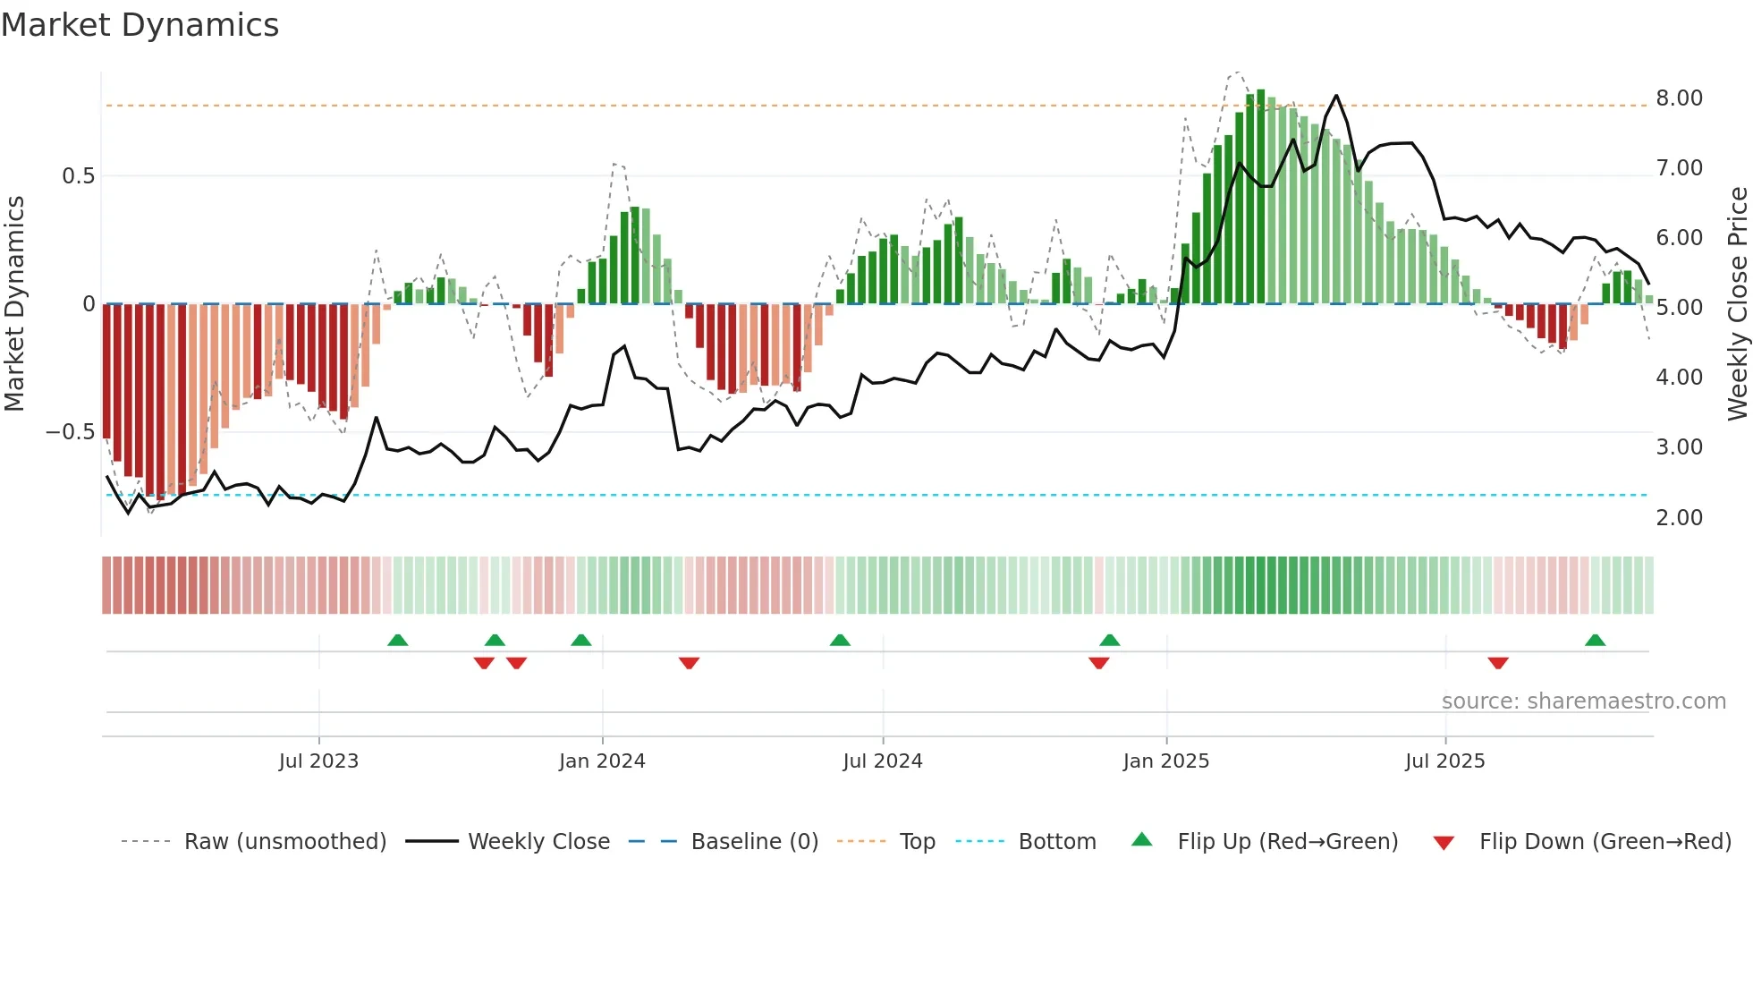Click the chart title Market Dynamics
coord(140,25)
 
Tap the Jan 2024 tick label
coord(602,761)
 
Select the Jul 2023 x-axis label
coord(318,761)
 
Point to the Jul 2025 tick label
coord(1444,761)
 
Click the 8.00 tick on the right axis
coord(1679,98)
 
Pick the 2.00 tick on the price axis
coord(1679,518)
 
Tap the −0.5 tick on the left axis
coord(71,432)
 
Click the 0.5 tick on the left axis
coord(78,176)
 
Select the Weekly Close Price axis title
coord(1737,304)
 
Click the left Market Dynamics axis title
coord(14,304)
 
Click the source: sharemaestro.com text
coord(1583,701)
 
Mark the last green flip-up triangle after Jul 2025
coord(1595,641)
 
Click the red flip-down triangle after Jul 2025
coord(1498,663)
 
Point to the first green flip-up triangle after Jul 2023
coord(398,641)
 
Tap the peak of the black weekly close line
coord(1336,96)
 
